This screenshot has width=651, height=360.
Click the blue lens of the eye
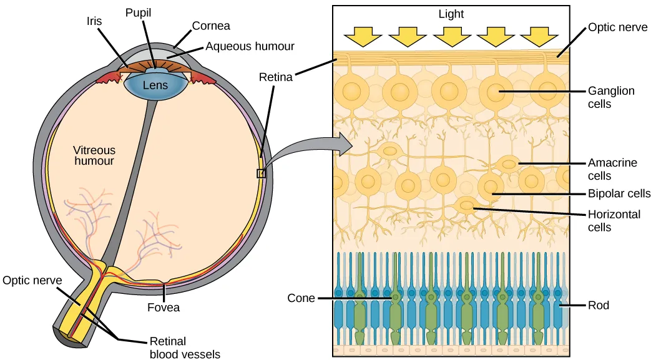(x=155, y=85)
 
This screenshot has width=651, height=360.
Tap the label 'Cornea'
(x=211, y=26)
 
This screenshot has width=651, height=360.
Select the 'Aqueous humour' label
(x=250, y=46)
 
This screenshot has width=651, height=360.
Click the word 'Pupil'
(x=139, y=12)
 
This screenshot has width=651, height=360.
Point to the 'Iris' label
(x=95, y=21)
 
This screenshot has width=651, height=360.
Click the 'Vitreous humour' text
(x=94, y=155)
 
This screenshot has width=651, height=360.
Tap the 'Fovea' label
(x=164, y=307)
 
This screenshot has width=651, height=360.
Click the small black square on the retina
(x=262, y=174)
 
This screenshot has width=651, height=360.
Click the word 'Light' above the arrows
(x=451, y=13)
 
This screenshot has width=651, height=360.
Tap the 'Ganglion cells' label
(x=611, y=97)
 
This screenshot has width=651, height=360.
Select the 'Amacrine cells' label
(x=612, y=169)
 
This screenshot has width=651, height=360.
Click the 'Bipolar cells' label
(x=619, y=193)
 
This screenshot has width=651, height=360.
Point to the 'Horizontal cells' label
(x=614, y=221)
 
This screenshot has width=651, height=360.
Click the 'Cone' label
(x=301, y=298)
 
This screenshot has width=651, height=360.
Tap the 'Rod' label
(x=598, y=305)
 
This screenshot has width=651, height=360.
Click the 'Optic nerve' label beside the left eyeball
(x=31, y=280)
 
